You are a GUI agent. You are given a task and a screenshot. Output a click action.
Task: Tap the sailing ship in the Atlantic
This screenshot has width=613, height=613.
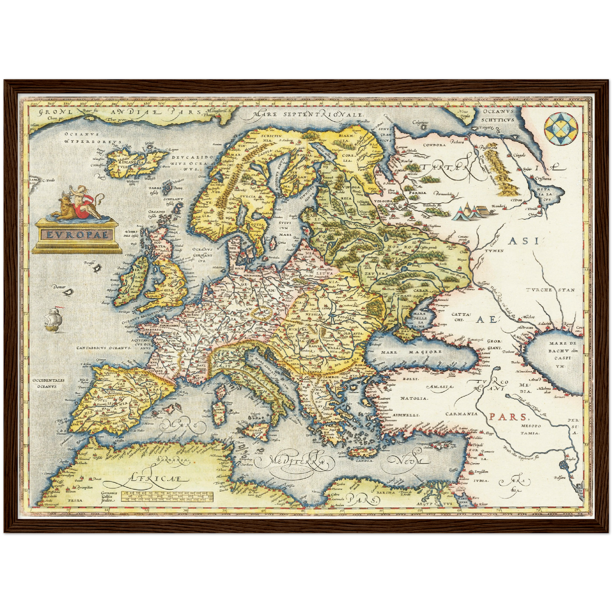point(54,319)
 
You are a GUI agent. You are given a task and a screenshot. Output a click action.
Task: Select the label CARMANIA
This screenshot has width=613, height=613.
point(461,414)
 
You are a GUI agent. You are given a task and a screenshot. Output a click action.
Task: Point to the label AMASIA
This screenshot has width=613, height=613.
point(441,386)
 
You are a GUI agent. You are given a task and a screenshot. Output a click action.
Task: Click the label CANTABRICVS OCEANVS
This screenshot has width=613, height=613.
point(102,348)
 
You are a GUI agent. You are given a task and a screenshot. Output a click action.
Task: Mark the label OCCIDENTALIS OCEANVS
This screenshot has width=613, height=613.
point(48,383)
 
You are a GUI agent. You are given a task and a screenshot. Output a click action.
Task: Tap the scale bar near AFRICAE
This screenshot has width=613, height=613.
point(167,496)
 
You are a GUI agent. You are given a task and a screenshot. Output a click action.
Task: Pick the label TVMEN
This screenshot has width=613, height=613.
point(494,251)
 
